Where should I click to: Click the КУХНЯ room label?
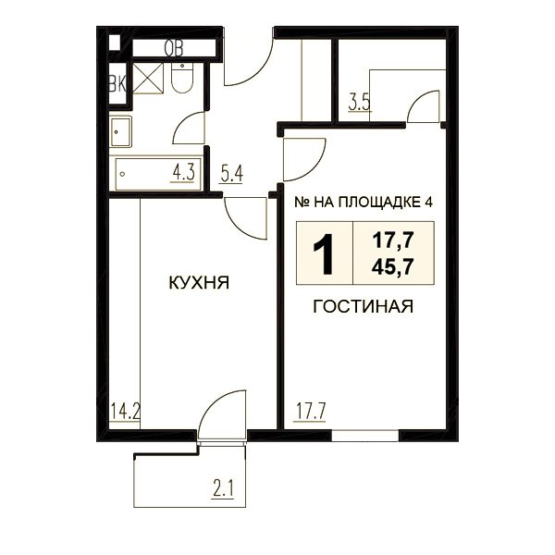(x=199, y=283)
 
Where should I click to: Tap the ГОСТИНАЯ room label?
(x=364, y=306)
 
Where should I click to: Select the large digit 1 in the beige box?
(x=323, y=253)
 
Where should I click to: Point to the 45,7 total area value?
(x=392, y=266)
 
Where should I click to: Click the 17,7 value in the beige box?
(x=392, y=240)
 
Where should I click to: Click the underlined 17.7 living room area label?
(x=309, y=412)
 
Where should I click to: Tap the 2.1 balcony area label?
(x=223, y=489)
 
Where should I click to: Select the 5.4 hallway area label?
(x=231, y=175)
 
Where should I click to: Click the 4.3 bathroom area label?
(x=183, y=174)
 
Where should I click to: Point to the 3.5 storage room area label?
(x=359, y=103)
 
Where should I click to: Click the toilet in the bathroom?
(x=182, y=78)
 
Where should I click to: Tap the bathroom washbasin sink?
(x=120, y=131)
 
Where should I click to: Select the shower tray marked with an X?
(x=148, y=79)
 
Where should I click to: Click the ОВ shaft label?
(x=174, y=48)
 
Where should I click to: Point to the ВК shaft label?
(x=117, y=84)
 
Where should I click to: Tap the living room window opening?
(x=365, y=436)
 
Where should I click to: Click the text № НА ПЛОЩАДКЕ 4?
(x=364, y=203)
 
